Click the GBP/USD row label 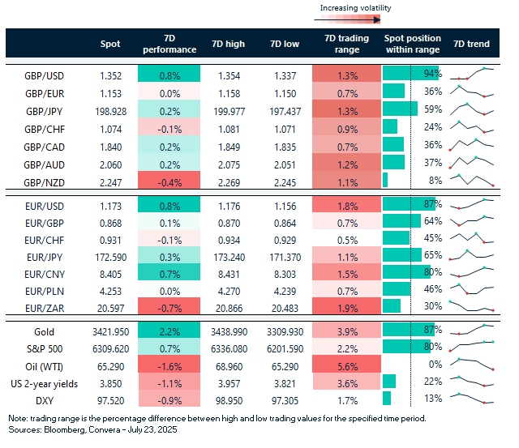pos(45,75)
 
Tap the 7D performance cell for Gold pos(168,331)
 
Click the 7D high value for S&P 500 pos(229,348)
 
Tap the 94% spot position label pos(431,75)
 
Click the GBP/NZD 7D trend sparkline pos(474,180)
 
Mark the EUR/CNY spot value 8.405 pos(110,271)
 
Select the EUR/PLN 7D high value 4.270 pos(229,288)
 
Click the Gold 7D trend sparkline pos(474,330)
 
